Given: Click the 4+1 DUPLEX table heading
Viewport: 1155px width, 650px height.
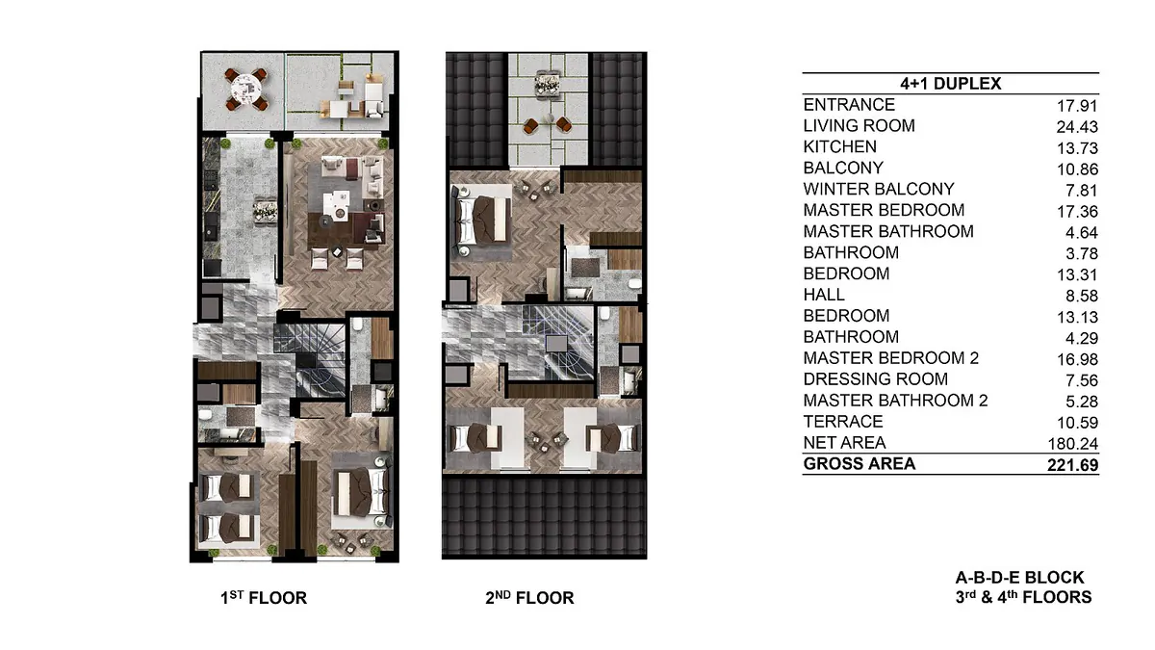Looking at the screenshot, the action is point(950,84).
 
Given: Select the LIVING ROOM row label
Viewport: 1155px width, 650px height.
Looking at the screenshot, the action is point(859,126).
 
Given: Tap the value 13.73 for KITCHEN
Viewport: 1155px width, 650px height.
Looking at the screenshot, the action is point(1077,148).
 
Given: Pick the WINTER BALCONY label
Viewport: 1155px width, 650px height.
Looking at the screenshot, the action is point(879,190).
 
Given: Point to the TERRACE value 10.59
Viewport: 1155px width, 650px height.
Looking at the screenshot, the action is point(1077,423).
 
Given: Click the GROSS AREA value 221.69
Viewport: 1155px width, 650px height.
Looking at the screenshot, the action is point(1072,465).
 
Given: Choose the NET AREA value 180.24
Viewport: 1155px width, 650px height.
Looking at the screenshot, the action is point(1072,444).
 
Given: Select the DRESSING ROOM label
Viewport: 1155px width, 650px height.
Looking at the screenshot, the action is point(876,379).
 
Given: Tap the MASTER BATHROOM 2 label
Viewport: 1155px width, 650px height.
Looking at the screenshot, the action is point(896,401).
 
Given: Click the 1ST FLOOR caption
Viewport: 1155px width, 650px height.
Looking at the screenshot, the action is point(264,598).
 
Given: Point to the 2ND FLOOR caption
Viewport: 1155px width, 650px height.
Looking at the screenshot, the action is point(529,598).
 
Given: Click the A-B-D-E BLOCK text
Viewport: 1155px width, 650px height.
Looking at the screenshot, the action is point(1019,577).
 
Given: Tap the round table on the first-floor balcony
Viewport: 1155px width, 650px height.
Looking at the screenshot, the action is point(246,90).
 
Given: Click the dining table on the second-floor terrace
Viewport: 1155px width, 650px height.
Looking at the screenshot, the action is point(548,84).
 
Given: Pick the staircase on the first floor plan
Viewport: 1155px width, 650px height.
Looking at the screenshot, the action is point(309,359).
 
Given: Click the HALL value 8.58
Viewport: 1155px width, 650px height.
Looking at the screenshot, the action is point(1082,297).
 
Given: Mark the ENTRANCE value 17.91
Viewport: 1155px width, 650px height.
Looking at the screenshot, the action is point(1077,106).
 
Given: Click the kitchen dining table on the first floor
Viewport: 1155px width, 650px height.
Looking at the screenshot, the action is point(266,213).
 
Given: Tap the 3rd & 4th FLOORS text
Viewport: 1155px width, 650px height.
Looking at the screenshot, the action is point(1023,597).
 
